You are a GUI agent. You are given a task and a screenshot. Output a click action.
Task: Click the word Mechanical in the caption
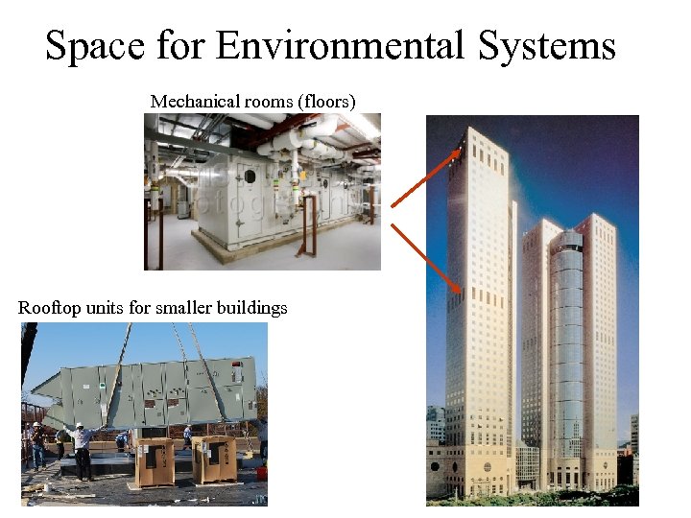190,101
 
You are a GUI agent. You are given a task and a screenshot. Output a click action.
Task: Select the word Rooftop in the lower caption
47,308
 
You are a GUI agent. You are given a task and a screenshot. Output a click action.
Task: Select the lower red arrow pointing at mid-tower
427,257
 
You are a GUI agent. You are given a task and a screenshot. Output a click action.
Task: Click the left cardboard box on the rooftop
155,460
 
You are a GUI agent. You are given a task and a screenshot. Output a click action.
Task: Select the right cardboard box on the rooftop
213,459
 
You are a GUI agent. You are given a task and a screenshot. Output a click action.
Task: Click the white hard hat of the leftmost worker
36,424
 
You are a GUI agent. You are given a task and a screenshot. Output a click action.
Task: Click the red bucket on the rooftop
262,473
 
